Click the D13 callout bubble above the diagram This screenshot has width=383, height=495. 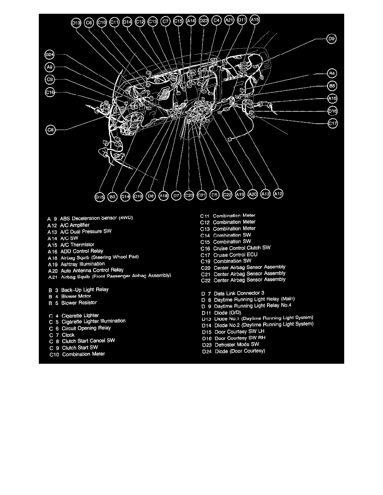[76, 23]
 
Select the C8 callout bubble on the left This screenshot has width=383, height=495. [50, 130]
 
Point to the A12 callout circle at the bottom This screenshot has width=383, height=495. [278, 194]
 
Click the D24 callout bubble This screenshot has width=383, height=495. [50, 55]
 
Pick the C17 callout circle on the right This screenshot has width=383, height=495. [333, 123]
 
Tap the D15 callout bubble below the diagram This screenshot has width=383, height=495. [99, 197]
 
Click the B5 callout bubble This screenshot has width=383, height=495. [332, 86]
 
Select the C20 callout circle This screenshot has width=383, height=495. [189, 195]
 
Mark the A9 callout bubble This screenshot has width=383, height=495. [50, 67]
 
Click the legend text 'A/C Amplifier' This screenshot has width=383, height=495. [75, 225]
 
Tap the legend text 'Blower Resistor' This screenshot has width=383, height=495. [79, 302]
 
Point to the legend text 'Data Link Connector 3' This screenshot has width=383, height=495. [239, 293]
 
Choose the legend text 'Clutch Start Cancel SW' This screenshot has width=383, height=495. [88, 341]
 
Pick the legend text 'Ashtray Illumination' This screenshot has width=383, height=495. [82, 264]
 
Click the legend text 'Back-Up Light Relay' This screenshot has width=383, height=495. [85, 290]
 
